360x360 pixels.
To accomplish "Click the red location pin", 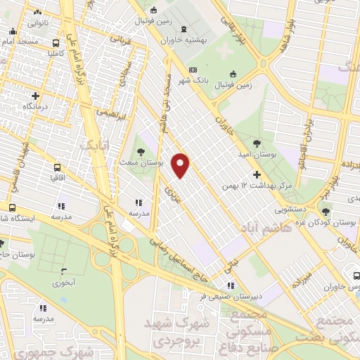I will click(181, 165).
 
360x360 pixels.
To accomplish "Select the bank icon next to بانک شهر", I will click(193, 70).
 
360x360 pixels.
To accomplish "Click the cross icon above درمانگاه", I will click(35, 96).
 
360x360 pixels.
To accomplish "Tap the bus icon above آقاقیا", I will click(57, 168).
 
